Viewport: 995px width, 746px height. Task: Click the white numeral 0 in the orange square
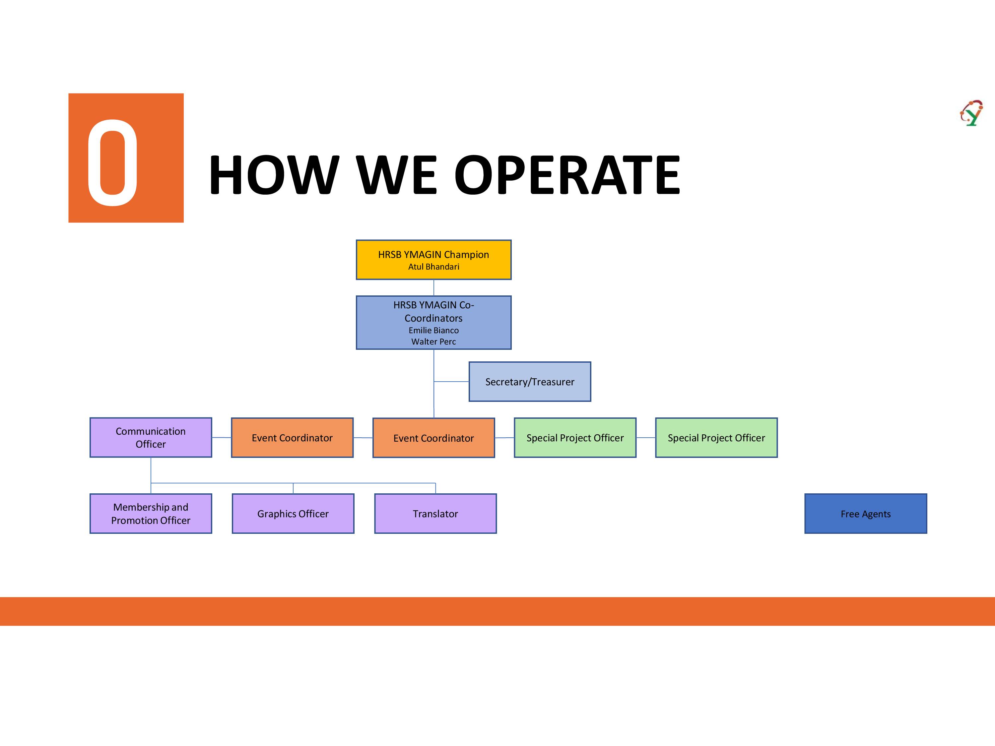point(112,163)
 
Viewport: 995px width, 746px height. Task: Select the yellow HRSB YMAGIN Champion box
point(433,260)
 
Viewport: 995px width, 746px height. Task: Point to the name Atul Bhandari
point(433,267)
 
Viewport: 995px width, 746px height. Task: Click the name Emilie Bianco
point(433,330)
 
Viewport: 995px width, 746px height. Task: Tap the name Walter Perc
point(433,342)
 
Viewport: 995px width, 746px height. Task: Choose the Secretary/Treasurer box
point(530,382)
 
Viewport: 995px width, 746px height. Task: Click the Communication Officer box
point(151,438)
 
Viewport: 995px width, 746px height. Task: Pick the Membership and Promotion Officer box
point(151,514)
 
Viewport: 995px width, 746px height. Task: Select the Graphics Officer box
point(293,514)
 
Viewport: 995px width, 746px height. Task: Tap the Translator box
point(435,514)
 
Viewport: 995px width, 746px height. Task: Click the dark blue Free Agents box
point(865,514)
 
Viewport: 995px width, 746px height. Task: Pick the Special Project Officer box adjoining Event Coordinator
point(575,438)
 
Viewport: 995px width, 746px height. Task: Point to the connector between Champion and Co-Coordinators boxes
point(433,288)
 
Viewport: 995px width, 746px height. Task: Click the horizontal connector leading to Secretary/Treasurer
point(451,382)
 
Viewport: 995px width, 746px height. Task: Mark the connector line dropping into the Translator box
point(435,488)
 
